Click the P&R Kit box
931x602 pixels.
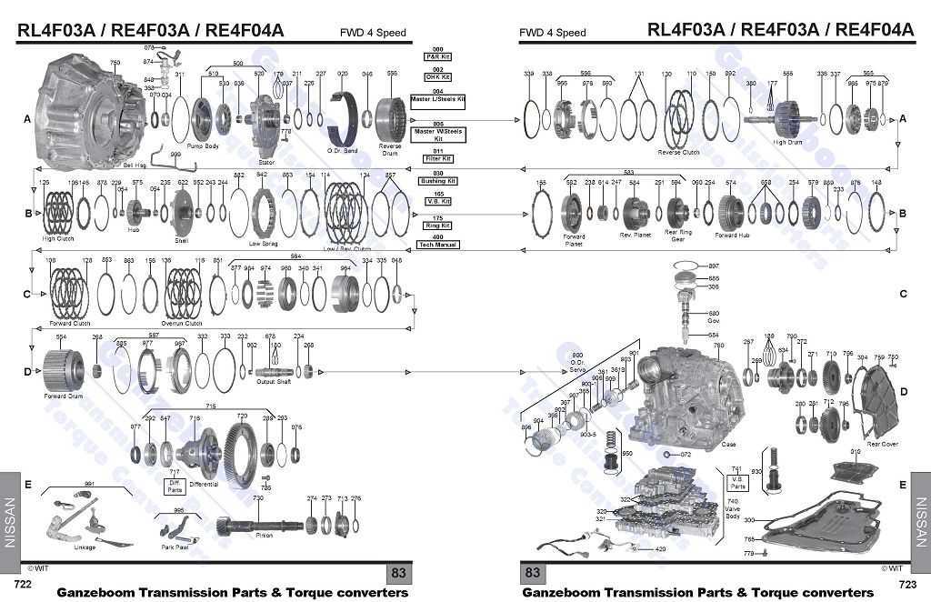(x=438, y=56)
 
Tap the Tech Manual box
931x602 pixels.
(x=438, y=246)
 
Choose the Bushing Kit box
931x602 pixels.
(x=438, y=181)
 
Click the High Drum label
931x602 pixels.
(x=787, y=142)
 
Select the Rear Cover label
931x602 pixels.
(x=882, y=444)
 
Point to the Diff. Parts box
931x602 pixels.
(x=175, y=487)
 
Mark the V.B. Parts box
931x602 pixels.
(x=736, y=478)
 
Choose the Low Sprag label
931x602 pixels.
(x=263, y=243)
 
